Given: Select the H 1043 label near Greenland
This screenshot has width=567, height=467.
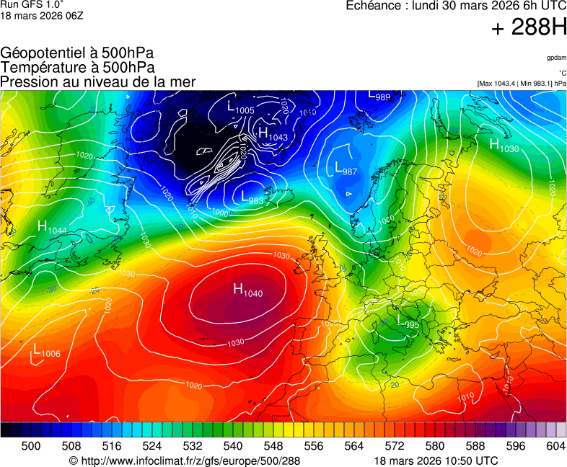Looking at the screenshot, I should [272, 135].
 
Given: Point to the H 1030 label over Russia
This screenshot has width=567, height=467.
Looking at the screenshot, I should [504, 146].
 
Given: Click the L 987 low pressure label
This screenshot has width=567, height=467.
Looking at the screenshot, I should [346, 169].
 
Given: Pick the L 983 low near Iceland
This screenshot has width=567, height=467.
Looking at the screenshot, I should [252, 198].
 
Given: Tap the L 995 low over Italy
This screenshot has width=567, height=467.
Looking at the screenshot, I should [408, 322].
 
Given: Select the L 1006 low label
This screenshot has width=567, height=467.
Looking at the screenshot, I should [46, 351].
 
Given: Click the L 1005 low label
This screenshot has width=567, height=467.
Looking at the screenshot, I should [240, 108].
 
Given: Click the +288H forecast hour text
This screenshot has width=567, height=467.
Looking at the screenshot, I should [529, 29].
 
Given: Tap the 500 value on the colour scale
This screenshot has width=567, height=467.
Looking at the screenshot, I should [30, 447].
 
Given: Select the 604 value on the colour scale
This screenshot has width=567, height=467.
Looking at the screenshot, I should [555, 447].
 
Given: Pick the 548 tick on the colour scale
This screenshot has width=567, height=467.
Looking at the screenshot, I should [294, 447].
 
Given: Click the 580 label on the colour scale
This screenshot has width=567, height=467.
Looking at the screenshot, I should [435, 447].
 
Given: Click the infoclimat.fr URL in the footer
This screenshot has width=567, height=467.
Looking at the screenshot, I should [184, 461].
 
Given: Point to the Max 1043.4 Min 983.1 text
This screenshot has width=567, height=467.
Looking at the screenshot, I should [522, 84].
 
